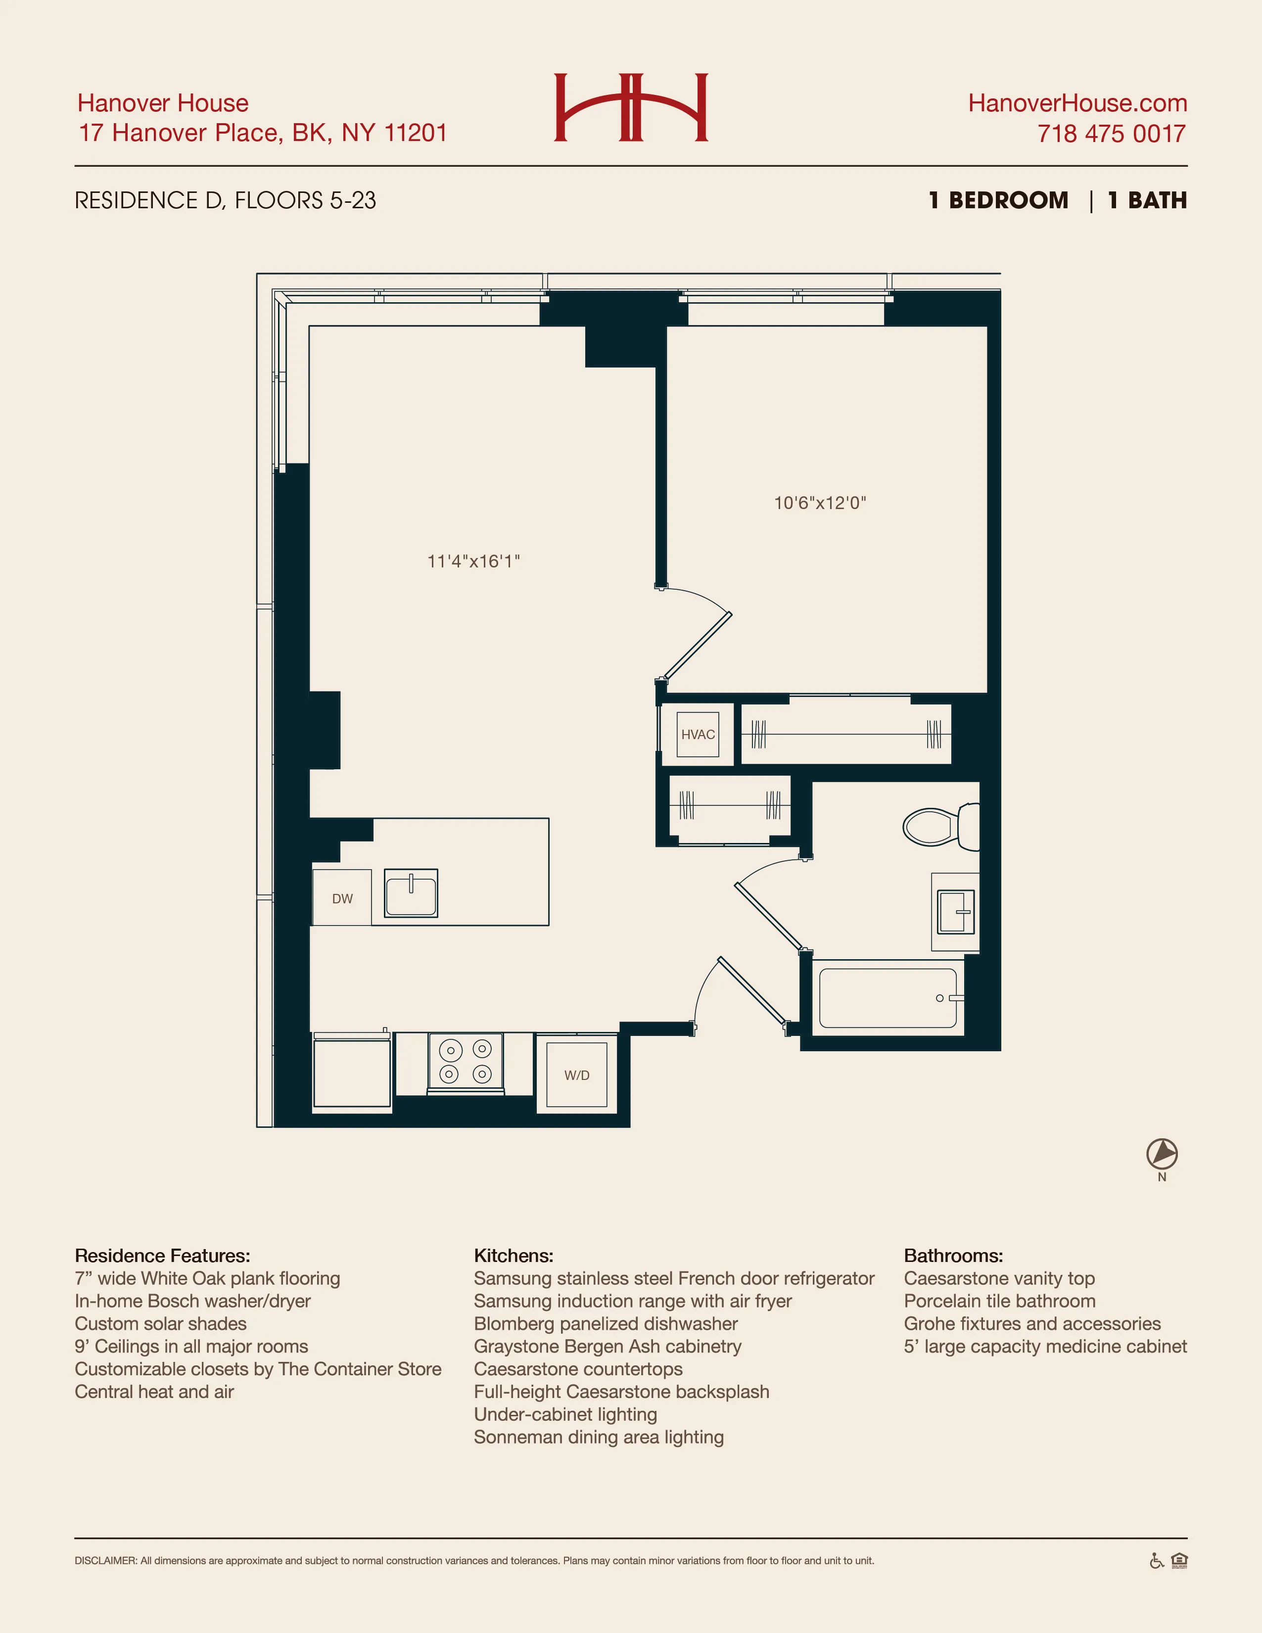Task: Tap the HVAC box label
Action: [x=698, y=734]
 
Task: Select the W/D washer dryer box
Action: [x=576, y=1075]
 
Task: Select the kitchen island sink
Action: [x=411, y=893]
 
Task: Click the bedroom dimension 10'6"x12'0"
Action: [x=819, y=503]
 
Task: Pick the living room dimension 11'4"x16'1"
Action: [x=473, y=561]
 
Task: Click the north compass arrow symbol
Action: [x=1162, y=1154]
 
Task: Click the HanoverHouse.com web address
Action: [x=1077, y=103]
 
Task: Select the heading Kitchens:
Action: [x=514, y=1256]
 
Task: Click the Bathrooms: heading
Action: [x=953, y=1256]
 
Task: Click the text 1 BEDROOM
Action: [x=998, y=200]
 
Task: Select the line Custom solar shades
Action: [x=161, y=1323]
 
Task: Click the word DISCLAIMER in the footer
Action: [x=105, y=1560]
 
